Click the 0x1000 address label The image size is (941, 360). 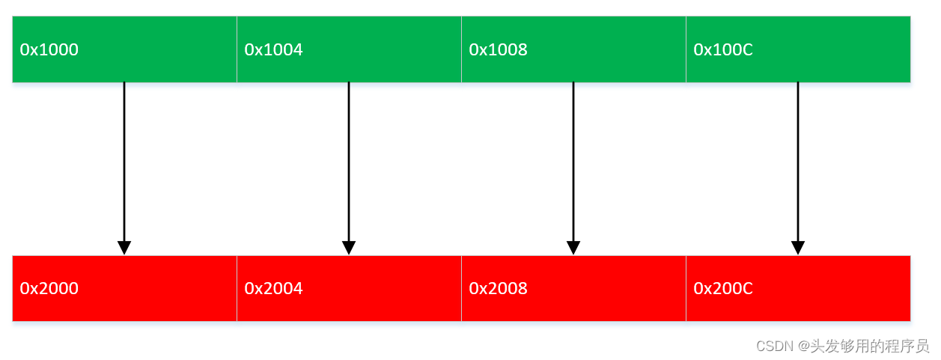point(49,50)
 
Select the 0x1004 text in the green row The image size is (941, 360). point(274,50)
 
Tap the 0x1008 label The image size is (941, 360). point(499,50)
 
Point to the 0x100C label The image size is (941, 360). point(723,50)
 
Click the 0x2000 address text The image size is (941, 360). point(49,289)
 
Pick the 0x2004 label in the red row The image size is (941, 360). point(274,289)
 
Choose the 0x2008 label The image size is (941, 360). point(499,289)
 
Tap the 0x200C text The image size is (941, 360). point(723,289)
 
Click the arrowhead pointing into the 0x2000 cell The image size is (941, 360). point(124,248)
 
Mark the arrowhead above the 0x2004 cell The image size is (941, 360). point(349,248)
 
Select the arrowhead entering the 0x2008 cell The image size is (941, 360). point(573,248)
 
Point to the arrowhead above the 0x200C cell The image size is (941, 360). point(798,248)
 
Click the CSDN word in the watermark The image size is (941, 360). point(774,346)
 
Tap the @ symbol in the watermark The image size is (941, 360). point(804,346)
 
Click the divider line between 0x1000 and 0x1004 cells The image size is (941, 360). point(237,49)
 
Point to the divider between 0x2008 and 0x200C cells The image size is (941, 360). point(686,289)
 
